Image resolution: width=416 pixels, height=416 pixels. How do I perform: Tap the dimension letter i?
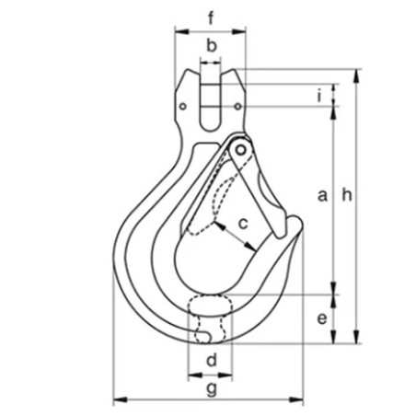(x=318, y=95)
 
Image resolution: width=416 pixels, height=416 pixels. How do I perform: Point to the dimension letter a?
(x=321, y=195)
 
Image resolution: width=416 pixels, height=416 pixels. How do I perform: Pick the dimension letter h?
(x=346, y=194)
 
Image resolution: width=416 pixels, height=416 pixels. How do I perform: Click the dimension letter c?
(x=244, y=222)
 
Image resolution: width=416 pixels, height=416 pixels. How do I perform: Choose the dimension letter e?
(x=321, y=318)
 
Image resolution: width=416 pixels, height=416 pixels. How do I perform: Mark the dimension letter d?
(x=211, y=360)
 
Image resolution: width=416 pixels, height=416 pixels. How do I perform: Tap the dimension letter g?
(x=212, y=389)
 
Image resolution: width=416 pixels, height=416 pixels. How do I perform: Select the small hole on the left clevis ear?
(x=183, y=107)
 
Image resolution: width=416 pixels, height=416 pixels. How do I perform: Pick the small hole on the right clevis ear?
(x=238, y=107)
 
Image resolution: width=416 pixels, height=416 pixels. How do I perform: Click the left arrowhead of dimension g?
(x=116, y=400)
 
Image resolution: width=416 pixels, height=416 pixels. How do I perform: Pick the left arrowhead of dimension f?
(x=177, y=30)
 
